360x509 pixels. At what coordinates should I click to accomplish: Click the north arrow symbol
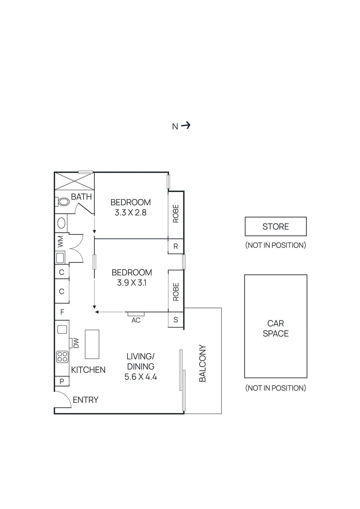[x=186, y=125]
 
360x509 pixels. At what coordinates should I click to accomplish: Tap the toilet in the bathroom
[x=64, y=201]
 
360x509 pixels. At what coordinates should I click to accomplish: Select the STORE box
[x=275, y=227]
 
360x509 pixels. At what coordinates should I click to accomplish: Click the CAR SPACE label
[x=275, y=328]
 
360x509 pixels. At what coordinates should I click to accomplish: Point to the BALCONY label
[x=202, y=363]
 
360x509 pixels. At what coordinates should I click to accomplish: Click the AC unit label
[x=136, y=320]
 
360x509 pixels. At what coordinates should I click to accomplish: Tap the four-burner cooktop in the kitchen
[x=62, y=357]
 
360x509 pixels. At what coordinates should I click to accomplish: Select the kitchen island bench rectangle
[x=92, y=344]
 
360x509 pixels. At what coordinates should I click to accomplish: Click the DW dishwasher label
[x=76, y=343]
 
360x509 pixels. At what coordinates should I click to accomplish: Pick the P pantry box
[x=62, y=381]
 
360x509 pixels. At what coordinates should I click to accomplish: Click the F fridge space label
[x=62, y=312]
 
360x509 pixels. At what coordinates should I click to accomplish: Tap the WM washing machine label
[x=60, y=241]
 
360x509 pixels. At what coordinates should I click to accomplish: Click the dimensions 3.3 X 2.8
[x=131, y=213]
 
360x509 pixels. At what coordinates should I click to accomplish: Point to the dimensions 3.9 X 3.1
[x=131, y=282]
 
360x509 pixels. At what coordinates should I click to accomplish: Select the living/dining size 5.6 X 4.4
[x=140, y=377]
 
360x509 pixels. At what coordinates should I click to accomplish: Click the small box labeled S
[x=176, y=320]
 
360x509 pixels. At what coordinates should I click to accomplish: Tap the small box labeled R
[x=176, y=246]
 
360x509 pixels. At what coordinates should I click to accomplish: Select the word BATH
[x=81, y=197]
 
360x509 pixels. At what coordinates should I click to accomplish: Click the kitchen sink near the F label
[x=62, y=329]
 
